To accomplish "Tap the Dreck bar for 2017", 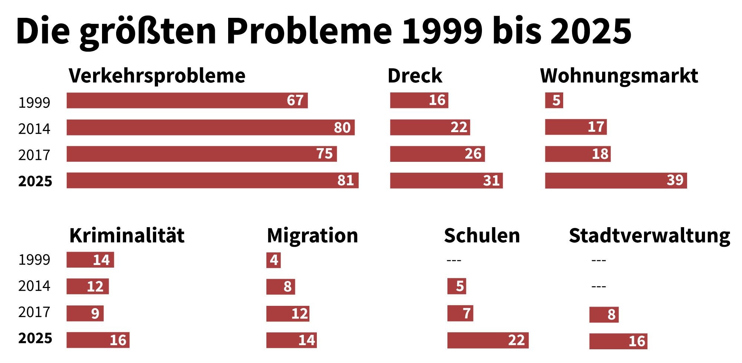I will pyautogui.click(x=437, y=154).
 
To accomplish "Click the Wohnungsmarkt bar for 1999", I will pyautogui.click(x=554, y=101).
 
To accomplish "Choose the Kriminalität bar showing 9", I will pyautogui.click(x=85, y=313).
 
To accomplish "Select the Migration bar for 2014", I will pyautogui.click(x=280, y=287).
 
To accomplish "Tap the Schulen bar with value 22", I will pyautogui.click(x=488, y=340).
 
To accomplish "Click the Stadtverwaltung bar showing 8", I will pyautogui.click(x=604, y=314).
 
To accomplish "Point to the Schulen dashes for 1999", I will pyautogui.click(x=454, y=260).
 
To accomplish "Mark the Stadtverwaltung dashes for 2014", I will pyautogui.click(x=598, y=287).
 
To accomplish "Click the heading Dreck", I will pyautogui.click(x=415, y=76).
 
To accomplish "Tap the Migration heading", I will pyautogui.click(x=312, y=236).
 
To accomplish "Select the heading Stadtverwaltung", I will pyautogui.click(x=649, y=236).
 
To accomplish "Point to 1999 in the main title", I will pyautogui.click(x=443, y=31).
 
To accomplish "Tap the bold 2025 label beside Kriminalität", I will pyautogui.click(x=35, y=338).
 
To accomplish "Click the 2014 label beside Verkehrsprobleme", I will pyautogui.click(x=34, y=129).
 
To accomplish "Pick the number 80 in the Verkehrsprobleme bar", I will pyautogui.click(x=342, y=128).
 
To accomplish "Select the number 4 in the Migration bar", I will pyautogui.click(x=274, y=260).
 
